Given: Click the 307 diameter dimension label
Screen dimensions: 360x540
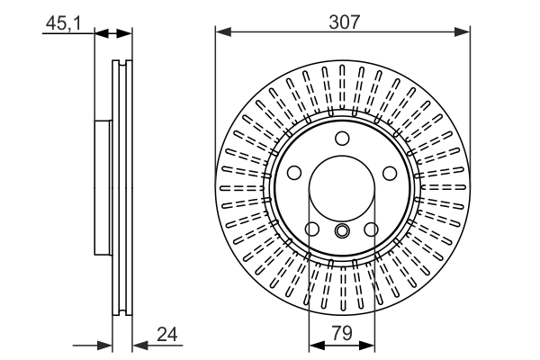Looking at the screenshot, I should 343,22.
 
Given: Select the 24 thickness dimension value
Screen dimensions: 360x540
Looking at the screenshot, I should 166,334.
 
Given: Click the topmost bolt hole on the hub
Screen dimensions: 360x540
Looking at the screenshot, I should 342,139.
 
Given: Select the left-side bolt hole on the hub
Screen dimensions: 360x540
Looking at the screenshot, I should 293,174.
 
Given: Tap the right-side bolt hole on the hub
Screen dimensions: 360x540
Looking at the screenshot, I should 390,174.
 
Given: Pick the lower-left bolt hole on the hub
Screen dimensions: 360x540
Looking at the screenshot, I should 312,230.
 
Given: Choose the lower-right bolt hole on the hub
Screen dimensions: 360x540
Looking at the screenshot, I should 372,230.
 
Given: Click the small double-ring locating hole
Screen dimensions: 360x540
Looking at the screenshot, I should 342,232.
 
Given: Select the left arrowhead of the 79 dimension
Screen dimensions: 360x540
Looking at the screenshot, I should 315,344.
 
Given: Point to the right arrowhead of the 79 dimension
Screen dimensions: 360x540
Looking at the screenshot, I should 369,344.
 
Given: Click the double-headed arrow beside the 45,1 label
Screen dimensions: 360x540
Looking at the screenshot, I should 113,34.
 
